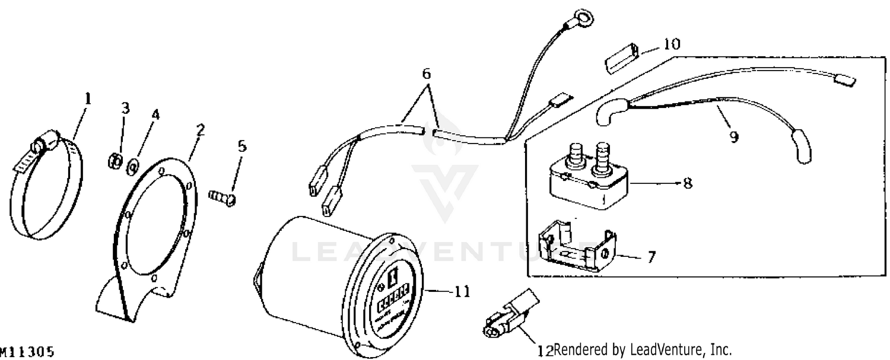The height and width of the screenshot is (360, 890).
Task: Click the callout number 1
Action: pyautogui.click(x=88, y=98)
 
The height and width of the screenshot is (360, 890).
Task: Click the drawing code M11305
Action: pyautogui.click(x=27, y=352)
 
